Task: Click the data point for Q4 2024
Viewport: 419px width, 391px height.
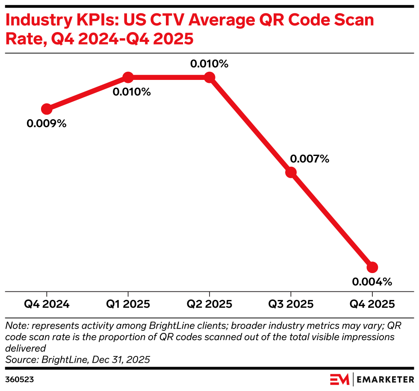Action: coord(47,109)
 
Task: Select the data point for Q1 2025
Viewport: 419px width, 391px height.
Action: coord(128,77)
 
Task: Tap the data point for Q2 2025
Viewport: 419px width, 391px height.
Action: coord(209,77)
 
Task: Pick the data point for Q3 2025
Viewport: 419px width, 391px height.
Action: coord(291,172)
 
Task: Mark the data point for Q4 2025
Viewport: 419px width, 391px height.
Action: coord(372,267)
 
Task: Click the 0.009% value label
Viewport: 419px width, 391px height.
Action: coord(47,124)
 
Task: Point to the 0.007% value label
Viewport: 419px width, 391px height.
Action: coord(310,159)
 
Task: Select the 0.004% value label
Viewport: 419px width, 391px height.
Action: coord(372,282)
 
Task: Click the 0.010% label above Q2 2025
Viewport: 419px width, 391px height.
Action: coord(209,64)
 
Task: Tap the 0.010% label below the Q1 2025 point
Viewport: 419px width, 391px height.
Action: coord(132,92)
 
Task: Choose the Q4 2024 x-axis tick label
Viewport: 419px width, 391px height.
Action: coord(47,304)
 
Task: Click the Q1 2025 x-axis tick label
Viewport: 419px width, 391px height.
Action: coord(128,304)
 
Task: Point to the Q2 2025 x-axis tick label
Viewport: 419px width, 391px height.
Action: coord(209,304)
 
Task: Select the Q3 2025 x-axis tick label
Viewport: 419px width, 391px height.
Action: coord(291,304)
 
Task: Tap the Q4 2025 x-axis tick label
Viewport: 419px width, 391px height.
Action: coord(372,304)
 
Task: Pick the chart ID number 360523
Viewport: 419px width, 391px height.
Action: coord(19,379)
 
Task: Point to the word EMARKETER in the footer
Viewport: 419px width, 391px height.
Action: coord(385,379)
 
